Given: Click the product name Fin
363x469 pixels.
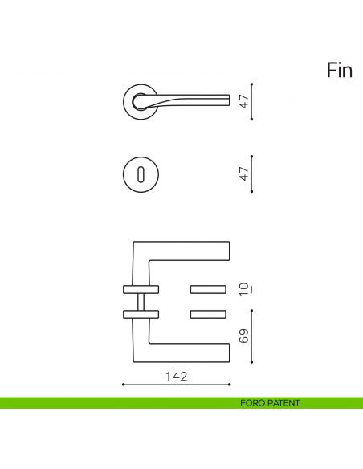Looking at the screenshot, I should point(340,71).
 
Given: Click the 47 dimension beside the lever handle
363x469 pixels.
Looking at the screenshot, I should point(243,101).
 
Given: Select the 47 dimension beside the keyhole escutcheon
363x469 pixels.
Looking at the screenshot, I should point(243,173).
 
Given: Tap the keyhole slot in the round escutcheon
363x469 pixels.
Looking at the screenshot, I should point(142,173).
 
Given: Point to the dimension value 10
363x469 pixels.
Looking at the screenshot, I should point(243,288).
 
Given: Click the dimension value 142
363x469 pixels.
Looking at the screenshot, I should point(176,376).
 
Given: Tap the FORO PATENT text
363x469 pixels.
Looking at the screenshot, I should point(270,402).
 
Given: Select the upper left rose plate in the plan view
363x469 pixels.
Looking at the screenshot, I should point(141,288).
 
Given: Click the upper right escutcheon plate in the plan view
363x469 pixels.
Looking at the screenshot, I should point(210,288).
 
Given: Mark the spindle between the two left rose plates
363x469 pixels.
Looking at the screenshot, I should point(141,301).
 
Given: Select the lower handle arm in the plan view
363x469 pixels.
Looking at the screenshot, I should point(185,353).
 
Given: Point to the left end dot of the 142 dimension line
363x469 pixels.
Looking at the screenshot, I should point(123,385).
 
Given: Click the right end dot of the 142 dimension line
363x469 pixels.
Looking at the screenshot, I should point(230,385).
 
